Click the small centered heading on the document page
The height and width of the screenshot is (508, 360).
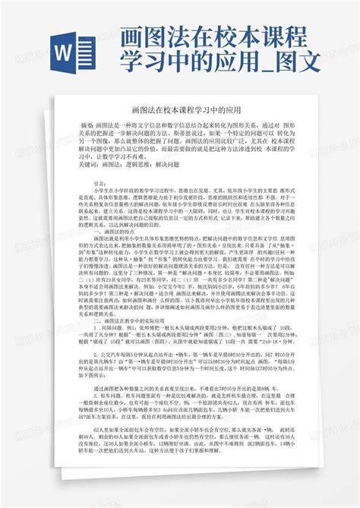click(x=179, y=110)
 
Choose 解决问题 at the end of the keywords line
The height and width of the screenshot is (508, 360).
click(x=181, y=163)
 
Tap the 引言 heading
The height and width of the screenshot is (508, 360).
click(x=100, y=184)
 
